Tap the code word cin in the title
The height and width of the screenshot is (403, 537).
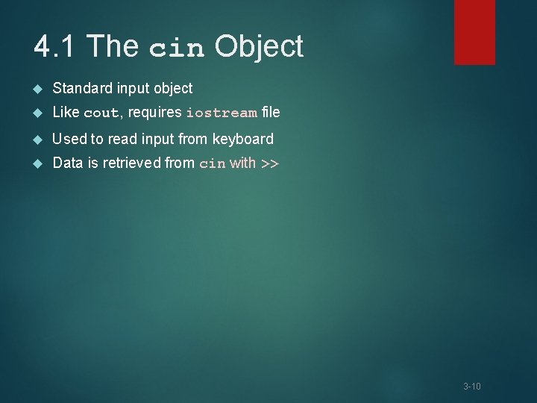176,49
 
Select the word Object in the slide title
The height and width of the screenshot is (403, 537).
259,47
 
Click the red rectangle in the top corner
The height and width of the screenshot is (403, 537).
474,31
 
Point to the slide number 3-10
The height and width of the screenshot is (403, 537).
471,386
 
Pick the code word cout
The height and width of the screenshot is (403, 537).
101,113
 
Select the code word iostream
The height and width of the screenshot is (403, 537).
222,113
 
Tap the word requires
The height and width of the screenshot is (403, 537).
154,113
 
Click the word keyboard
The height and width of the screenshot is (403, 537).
243,139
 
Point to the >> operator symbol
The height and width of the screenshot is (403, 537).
269,163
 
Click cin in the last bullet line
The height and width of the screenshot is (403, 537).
213,164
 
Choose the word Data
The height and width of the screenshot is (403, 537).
67,163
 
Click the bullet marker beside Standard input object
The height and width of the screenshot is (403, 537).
39,89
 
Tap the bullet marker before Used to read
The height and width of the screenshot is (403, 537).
39,139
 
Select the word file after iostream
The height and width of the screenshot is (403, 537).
271,113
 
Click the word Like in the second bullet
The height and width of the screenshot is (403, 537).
66,113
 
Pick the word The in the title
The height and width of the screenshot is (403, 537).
113,46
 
